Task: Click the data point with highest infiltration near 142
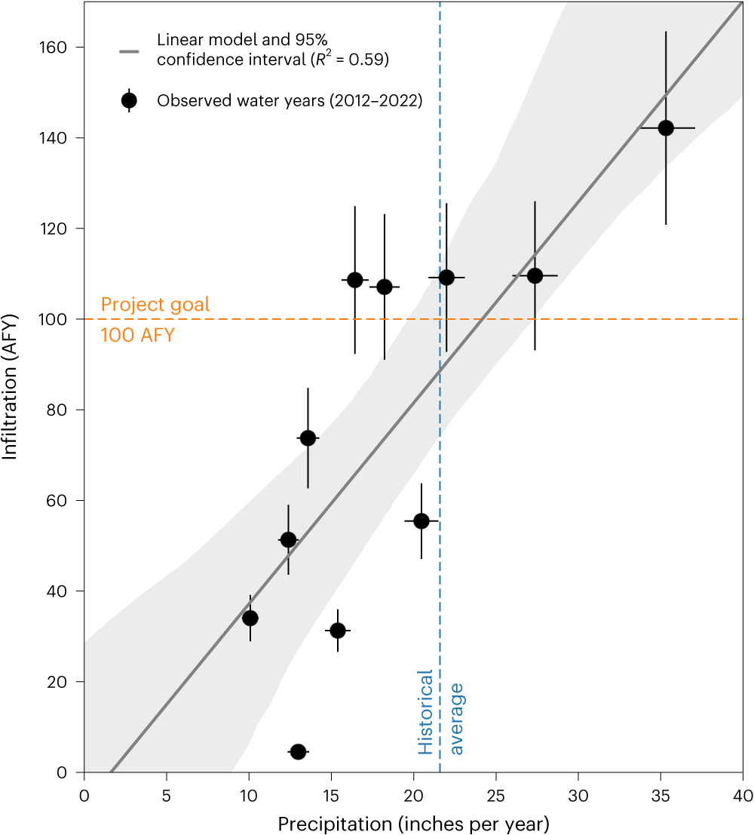click(x=666, y=128)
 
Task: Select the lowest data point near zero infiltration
click(x=298, y=752)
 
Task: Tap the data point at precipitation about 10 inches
click(x=250, y=619)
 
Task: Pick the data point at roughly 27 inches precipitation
click(x=535, y=276)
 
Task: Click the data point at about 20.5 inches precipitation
click(x=421, y=521)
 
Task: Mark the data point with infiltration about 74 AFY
click(x=308, y=438)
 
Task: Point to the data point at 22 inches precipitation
click(x=446, y=278)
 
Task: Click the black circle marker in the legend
click(x=129, y=100)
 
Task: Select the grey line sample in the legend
click(x=129, y=51)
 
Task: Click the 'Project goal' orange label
click(x=155, y=305)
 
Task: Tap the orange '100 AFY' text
click(x=137, y=335)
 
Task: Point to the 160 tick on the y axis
click(x=59, y=48)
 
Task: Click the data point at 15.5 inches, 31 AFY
click(x=338, y=631)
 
